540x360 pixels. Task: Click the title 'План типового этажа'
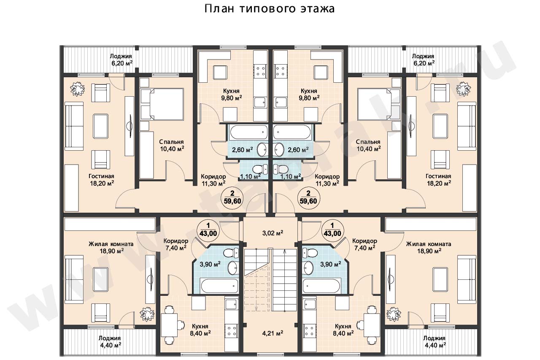270,9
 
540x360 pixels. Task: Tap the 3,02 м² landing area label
273,233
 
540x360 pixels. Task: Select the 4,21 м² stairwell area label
273,333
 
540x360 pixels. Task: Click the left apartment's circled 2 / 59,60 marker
232,197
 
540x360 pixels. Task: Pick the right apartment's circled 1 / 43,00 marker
332,230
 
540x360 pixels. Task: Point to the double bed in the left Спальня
162,104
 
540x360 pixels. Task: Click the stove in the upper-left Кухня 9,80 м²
261,70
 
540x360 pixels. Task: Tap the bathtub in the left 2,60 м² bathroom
249,132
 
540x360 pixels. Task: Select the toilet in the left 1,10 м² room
259,169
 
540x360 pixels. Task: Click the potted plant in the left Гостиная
77,88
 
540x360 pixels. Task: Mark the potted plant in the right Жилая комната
394,314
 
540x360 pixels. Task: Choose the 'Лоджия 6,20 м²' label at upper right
423,60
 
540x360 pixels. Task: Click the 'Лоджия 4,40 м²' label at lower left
110,342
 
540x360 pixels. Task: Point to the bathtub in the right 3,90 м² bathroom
321,286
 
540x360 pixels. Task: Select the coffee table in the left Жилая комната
101,277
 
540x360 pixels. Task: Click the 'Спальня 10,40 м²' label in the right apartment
368,145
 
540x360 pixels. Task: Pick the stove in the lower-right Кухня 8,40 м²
309,331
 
